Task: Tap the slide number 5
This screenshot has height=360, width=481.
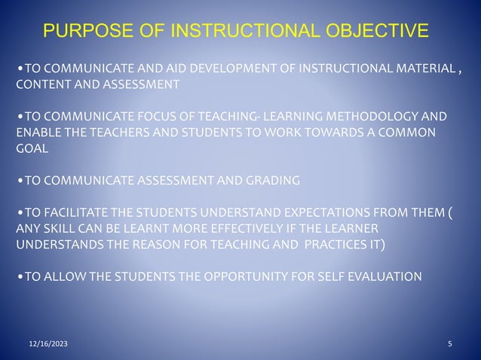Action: [x=449, y=343]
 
